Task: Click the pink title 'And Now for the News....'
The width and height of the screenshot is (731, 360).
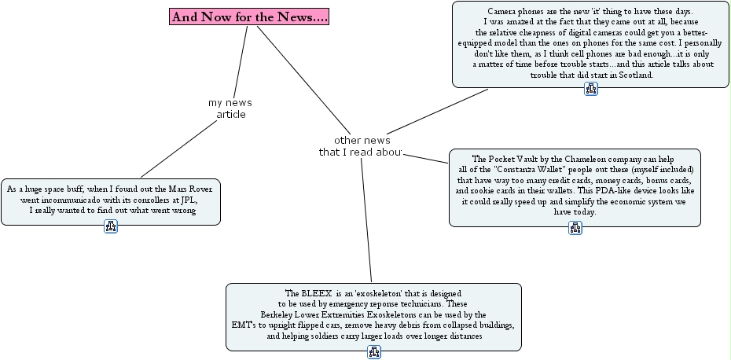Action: [249, 17]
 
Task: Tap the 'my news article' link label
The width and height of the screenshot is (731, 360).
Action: [230, 108]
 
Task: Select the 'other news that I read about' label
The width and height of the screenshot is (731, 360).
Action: [360, 146]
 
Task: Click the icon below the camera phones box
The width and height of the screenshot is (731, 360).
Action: [591, 90]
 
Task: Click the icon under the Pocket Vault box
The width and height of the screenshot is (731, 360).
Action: [575, 229]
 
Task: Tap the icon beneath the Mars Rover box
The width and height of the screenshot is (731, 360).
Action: [111, 227]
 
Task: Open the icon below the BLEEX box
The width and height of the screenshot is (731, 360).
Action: [374, 352]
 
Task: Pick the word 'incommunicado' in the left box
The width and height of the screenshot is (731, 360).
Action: [83, 200]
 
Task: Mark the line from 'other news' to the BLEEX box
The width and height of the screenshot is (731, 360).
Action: [366, 220]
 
